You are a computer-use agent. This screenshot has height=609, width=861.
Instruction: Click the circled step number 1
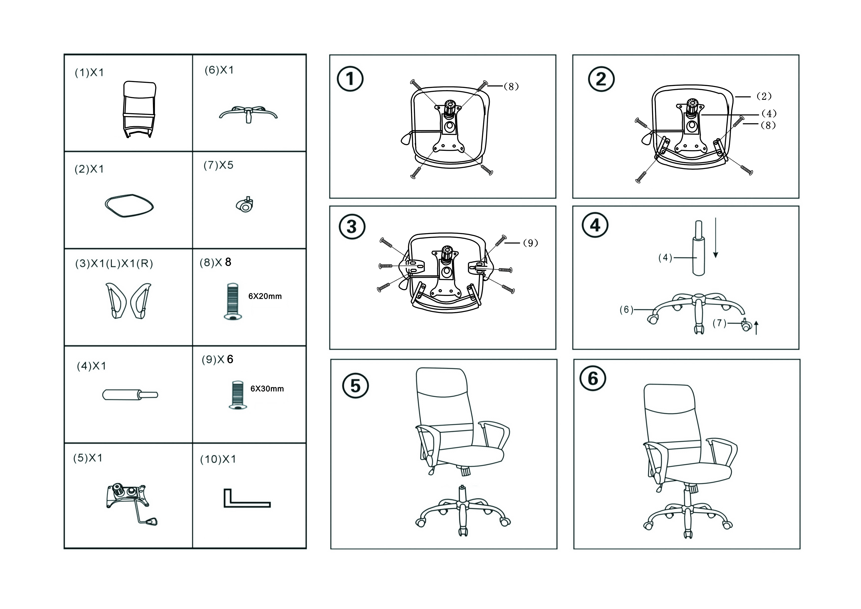pos(350,79)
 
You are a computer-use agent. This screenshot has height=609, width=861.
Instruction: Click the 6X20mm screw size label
pos(265,296)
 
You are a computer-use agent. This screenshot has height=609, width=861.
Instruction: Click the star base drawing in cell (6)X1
pos(248,113)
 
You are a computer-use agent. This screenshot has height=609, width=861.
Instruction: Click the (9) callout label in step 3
pos(530,243)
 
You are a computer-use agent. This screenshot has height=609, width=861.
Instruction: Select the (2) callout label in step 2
pos(764,96)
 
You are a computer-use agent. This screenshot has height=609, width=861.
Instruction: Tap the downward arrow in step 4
pos(715,237)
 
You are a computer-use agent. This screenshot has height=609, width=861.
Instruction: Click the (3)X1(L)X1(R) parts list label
pos(114,264)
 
